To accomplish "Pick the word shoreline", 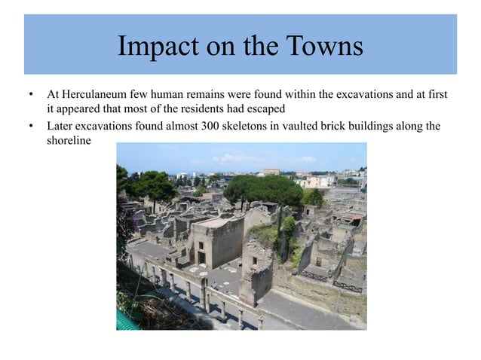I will click(68, 141).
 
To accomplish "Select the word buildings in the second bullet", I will click(378, 126).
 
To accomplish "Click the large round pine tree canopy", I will click(264, 188).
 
